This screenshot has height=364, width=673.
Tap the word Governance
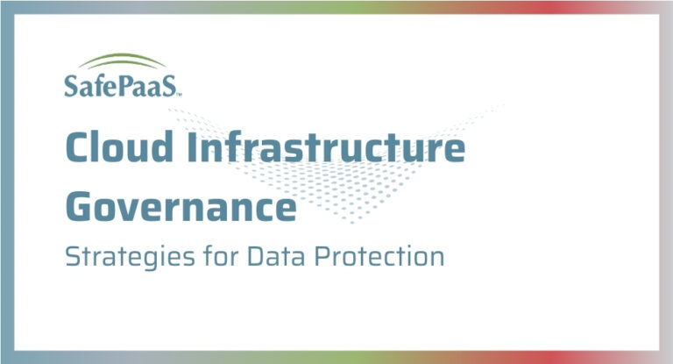pos(180,207)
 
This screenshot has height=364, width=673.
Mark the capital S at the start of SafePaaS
pos(71,86)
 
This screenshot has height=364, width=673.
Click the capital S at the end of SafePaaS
pos(172,86)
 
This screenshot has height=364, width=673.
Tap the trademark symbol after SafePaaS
pos(182,92)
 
